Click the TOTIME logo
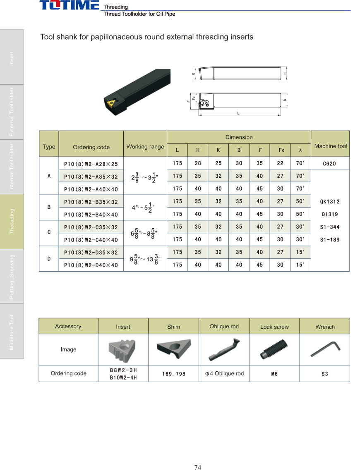69,5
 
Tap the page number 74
197,467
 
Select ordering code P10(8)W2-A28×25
91,164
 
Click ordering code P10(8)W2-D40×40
91,265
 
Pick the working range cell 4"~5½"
143,208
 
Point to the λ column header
300,150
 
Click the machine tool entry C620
329,163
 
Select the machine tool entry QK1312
330,201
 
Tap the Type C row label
49,232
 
